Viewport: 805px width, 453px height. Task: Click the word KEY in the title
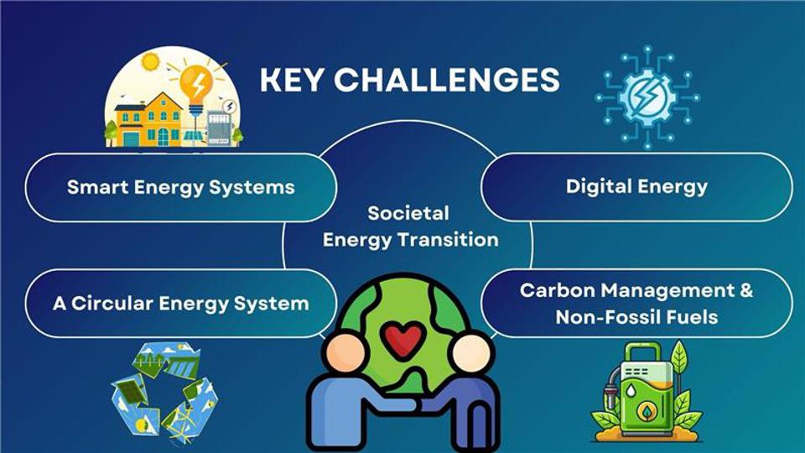(x=292, y=80)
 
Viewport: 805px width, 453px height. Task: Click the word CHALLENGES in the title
(x=447, y=80)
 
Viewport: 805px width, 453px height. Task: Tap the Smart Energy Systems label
(x=181, y=187)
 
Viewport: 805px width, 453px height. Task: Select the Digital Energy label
(x=636, y=186)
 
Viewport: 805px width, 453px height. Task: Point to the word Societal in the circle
(x=408, y=212)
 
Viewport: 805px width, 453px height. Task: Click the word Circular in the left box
(x=112, y=303)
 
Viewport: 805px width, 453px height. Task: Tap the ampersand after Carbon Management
(x=746, y=290)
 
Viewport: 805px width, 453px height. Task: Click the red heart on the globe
(x=403, y=340)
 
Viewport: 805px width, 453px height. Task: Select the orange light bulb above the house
(x=196, y=86)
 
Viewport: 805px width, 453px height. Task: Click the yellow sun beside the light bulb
(x=150, y=61)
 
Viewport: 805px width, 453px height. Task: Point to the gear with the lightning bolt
(x=647, y=96)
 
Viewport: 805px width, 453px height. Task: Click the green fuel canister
(x=647, y=392)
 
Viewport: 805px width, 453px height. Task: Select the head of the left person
(x=346, y=353)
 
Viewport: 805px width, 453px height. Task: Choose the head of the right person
(x=471, y=353)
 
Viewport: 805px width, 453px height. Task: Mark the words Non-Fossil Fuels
(x=636, y=317)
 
